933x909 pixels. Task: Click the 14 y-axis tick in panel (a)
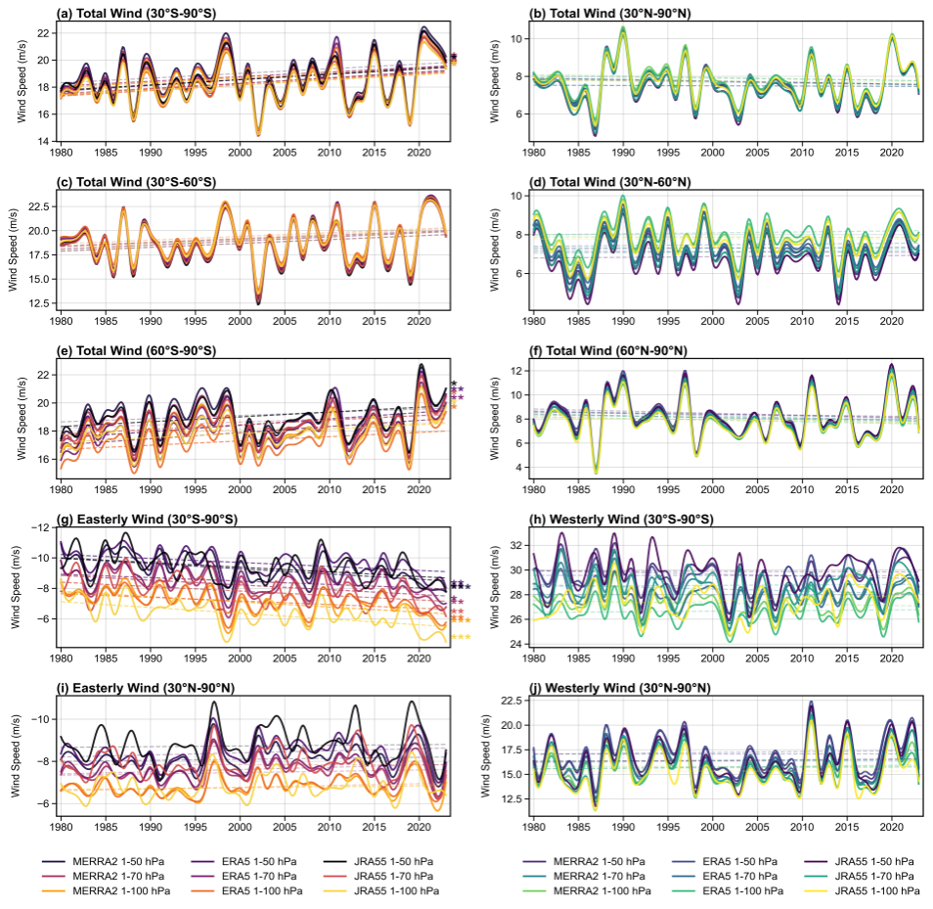pos(44,142)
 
